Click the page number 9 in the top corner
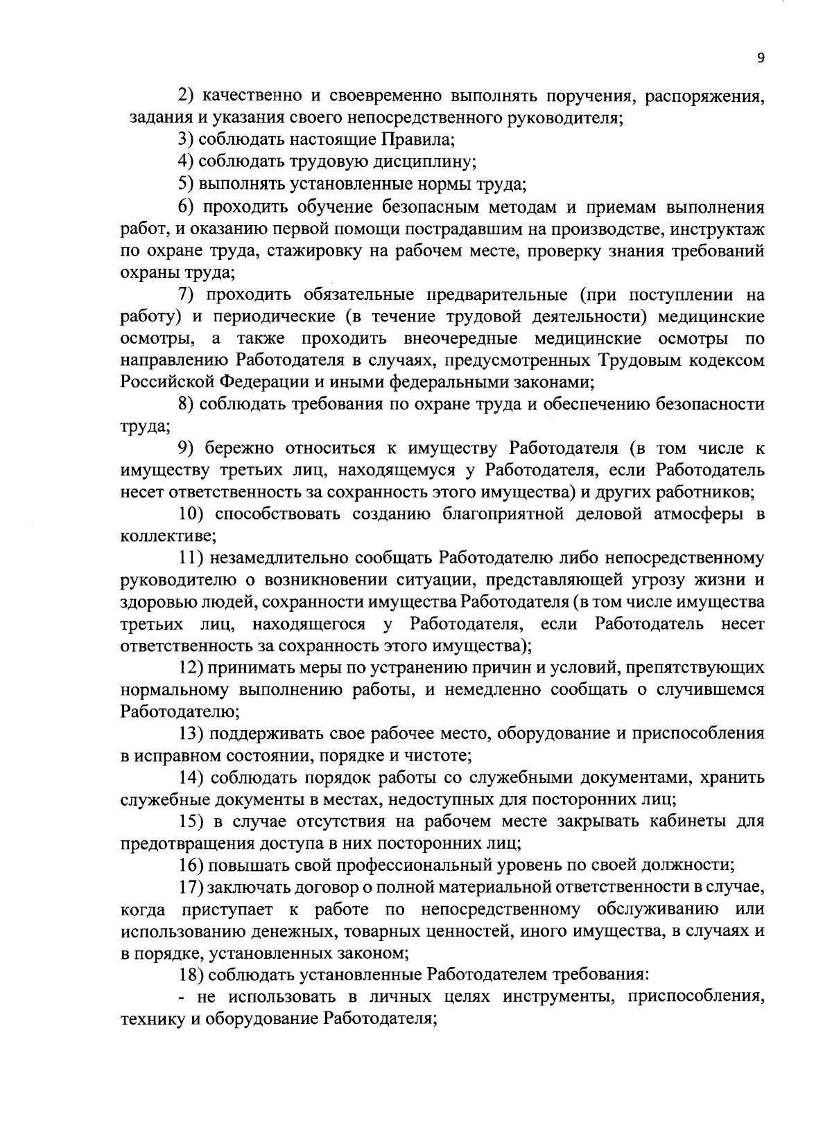(x=761, y=59)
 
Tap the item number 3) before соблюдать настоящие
(x=186, y=140)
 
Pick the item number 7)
(x=186, y=295)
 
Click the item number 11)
(x=189, y=558)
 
